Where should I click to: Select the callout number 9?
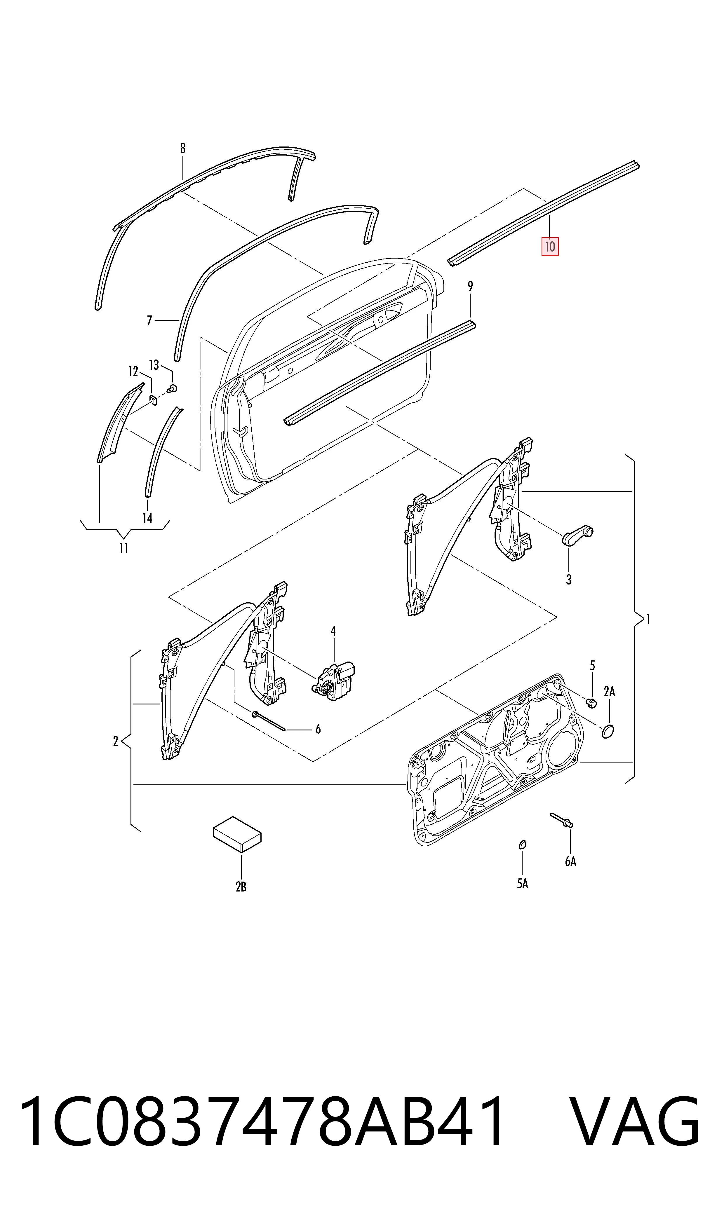pos(470,286)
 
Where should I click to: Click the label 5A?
pos(522,884)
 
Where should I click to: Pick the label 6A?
pos(571,861)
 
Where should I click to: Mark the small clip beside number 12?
pos(153,399)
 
